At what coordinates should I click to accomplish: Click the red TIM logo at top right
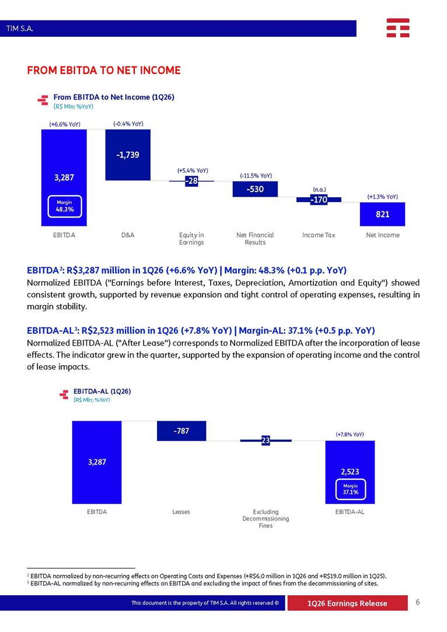tap(398, 28)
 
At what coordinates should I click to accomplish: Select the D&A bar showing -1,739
tap(128, 155)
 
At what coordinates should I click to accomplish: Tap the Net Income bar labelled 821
tap(382, 214)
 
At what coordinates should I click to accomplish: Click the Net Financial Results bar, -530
tap(255, 189)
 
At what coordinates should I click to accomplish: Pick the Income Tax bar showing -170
tap(319, 200)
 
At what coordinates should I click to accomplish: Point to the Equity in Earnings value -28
tap(191, 181)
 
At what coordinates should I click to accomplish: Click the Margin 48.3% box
tap(65, 206)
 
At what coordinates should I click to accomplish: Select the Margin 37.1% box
tap(351, 489)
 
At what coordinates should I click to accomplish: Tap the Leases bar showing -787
tap(181, 431)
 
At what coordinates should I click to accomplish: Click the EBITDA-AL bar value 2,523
tap(350, 472)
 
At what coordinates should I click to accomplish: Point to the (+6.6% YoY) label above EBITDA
tap(65, 124)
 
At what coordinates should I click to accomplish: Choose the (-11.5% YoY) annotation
tap(256, 176)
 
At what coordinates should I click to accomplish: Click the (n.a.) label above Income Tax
tap(319, 190)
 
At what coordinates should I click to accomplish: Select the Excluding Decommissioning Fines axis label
tap(266, 519)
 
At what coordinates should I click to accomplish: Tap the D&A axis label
tap(128, 235)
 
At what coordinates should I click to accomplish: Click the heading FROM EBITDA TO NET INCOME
tap(104, 71)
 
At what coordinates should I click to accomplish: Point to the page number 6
tap(418, 602)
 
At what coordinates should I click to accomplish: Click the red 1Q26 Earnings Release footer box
tap(347, 603)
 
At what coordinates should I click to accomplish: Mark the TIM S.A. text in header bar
tap(20, 29)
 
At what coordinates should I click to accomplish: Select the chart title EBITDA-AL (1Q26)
tap(102, 392)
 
